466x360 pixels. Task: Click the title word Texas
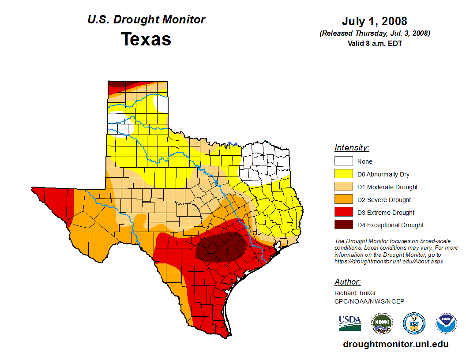point(146,39)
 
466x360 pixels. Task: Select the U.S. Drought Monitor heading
point(146,20)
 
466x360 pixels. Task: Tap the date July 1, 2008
point(374,21)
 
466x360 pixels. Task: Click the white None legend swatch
point(343,161)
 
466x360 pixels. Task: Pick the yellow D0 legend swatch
point(343,174)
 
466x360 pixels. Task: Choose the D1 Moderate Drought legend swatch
point(343,187)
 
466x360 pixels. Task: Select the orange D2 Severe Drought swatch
point(343,199)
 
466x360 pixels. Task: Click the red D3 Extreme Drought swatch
point(343,212)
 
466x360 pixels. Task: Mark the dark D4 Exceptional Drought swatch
point(343,225)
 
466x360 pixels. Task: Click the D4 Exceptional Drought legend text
point(390,225)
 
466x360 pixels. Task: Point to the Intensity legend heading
point(352,148)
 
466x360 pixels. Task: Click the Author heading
point(347,282)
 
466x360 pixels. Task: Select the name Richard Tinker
point(355,293)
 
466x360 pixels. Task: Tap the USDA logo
point(350,323)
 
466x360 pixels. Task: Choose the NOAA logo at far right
point(446,323)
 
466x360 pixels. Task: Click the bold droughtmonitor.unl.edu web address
point(395,345)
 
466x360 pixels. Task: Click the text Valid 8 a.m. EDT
point(374,43)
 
